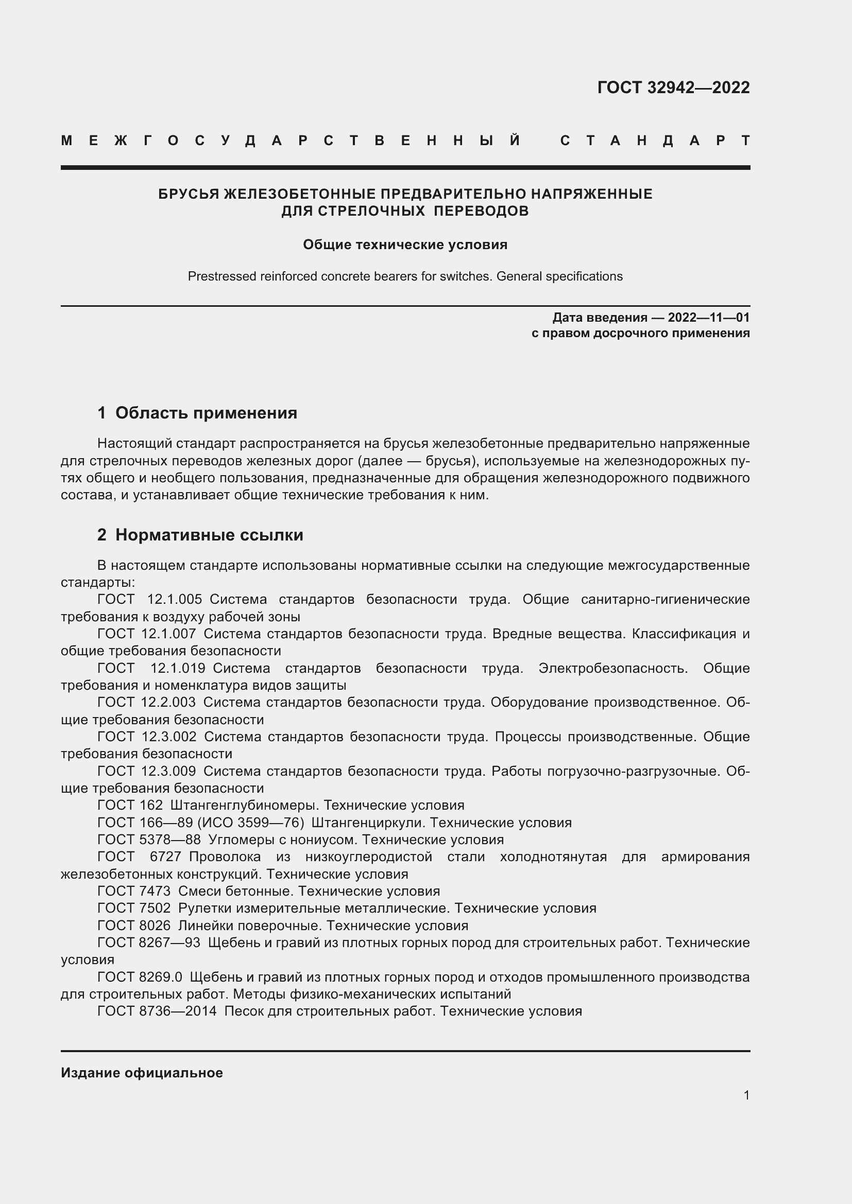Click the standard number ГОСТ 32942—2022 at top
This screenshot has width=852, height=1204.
coord(673,87)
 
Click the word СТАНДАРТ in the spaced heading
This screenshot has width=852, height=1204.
coord(655,141)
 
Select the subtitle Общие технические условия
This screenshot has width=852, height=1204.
coord(405,245)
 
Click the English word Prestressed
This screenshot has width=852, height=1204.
coord(222,276)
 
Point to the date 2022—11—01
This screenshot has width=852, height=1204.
coord(708,317)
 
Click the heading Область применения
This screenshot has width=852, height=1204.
coord(206,413)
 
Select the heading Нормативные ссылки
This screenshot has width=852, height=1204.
coord(209,534)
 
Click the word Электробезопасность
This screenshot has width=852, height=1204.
coord(613,668)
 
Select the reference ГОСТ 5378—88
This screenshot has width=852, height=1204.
coord(149,840)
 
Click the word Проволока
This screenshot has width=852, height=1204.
coord(225,857)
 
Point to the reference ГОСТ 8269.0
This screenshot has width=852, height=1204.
coord(140,977)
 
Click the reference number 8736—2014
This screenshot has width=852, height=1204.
coord(178,1011)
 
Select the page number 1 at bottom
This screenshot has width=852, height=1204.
coord(746,1095)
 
